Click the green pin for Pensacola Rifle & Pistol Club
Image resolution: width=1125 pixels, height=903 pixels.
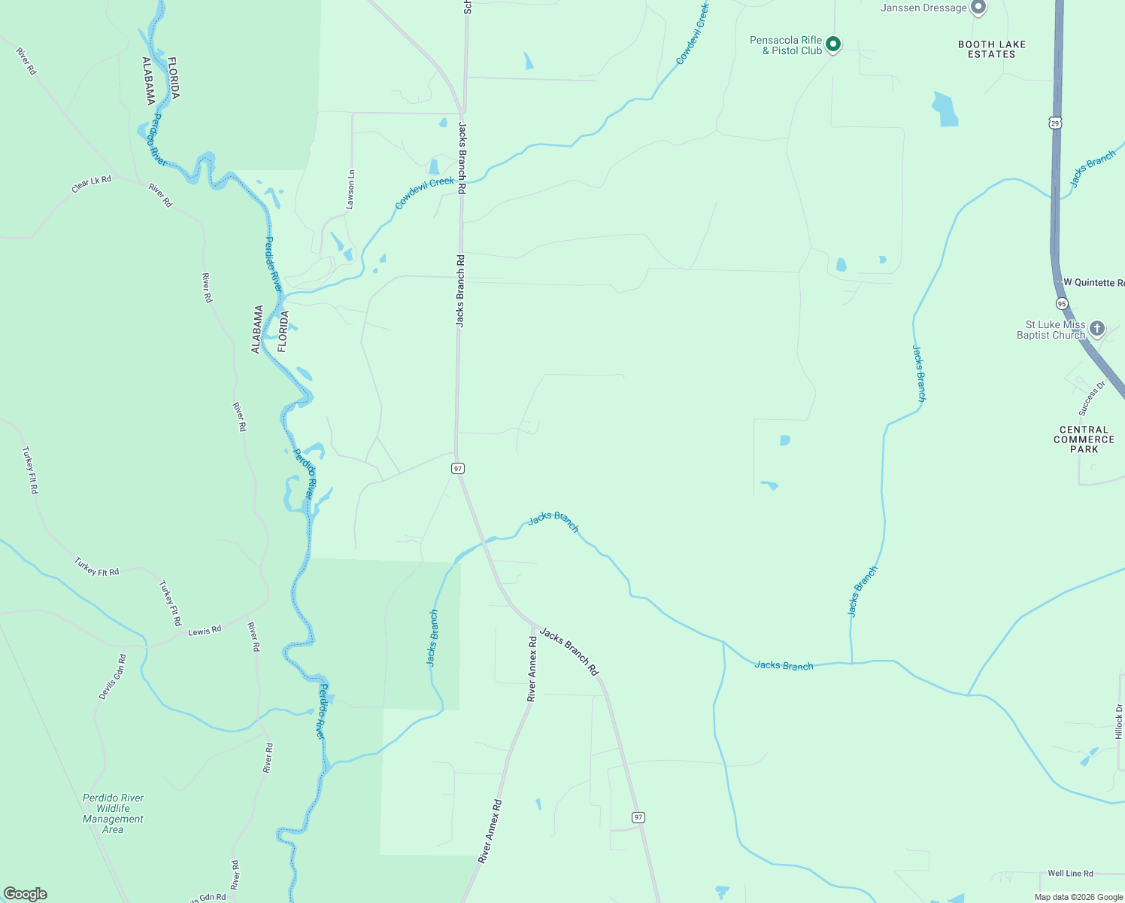(x=832, y=44)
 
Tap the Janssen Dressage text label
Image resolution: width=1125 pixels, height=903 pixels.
(x=923, y=8)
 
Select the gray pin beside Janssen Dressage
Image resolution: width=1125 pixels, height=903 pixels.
(x=978, y=8)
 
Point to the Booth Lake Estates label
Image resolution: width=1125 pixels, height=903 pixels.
(x=992, y=50)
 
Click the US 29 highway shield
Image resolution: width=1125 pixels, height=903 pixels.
(x=1055, y=123)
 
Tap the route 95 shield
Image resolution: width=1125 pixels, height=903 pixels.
(x=1061, y=303)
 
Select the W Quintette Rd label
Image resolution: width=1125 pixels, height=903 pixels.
(x=1093, y=283)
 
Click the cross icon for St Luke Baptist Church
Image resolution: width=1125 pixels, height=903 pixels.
(x=1097, y=328)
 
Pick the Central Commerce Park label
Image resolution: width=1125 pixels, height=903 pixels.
(x=1084, y=439)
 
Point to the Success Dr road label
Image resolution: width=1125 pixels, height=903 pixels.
(x=1092, y=398)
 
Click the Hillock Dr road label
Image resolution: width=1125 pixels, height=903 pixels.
(x=1118, y=722)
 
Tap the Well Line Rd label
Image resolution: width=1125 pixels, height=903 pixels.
(x=1070, y=874)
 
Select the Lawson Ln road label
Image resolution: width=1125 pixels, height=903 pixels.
(x=350, y=190)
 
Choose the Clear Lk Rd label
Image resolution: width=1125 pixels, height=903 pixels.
(x=91, y=184)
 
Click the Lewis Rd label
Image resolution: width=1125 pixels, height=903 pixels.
(x=205, y=631)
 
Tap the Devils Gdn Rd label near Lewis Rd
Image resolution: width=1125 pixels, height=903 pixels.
(x=112, y=676)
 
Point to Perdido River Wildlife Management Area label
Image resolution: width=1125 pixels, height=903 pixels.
(x=113, y=813)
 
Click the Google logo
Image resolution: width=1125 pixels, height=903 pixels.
(x=25, y=894)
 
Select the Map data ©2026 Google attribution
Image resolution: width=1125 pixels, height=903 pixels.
(x=1078, y=897)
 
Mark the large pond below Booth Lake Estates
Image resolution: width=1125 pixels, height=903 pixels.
(x=945, y=109)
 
